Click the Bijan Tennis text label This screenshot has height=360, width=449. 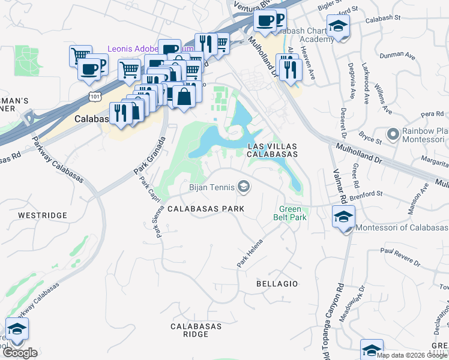tap(212, 188)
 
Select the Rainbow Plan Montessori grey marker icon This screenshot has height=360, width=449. tap(394, 133)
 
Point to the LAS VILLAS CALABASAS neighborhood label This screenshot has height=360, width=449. tap(273, 149)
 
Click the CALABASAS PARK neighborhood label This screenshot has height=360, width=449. tap(205, 209)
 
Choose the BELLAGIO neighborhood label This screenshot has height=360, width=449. tap(277, 283)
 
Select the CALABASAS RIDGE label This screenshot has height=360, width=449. tap(196, 331)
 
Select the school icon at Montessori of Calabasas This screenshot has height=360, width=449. tap(343, 217)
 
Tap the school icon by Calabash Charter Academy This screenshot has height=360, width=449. tap(339, 26)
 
